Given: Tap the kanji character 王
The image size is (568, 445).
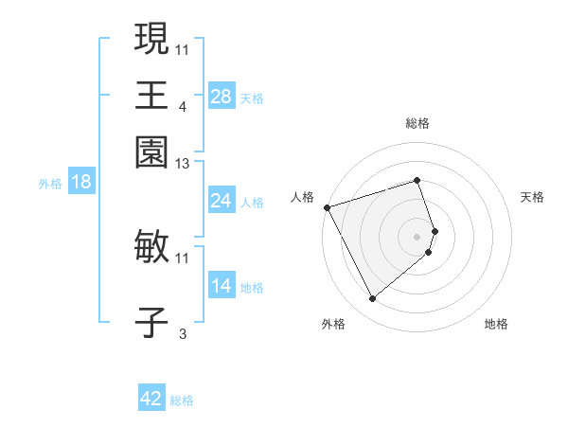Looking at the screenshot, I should pyautogui.click(x=151, y=95).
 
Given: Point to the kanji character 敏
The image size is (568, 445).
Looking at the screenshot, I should pyautogui.click(x=151, y=247).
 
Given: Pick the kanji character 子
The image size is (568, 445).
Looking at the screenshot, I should pyautogui.click(x=151, y=322).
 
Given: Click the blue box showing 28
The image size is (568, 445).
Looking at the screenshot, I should pyautogui.click(x=221, y=97).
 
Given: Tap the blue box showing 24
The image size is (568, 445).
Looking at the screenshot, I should pyautogui.click(x=221, y=201).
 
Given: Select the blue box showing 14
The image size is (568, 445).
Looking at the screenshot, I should pyautogui.click(x=221, y=286).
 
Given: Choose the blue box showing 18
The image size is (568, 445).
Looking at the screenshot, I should pyautogui.click(x=80, y=182).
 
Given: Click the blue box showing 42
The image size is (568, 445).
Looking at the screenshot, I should pyautogui.click(x=151, y=399).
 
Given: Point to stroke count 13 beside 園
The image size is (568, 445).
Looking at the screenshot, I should pyautogui.click(x=183, y=165).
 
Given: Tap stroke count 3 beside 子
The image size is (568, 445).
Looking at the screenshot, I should pyautogui.click(x=183, y=333).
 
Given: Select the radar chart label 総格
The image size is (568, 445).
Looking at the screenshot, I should pyautogui.click(x=417, y=123).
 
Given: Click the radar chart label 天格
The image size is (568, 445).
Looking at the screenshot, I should pyautogui.click(x=532, y=197).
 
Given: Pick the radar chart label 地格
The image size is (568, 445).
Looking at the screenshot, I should pyautogui.click(x=496, y=324).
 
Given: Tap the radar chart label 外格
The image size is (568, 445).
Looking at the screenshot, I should pyautogui.click(x=333, y=324).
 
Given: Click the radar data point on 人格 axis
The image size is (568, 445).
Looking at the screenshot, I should pyautogui.click(x=327, y=207).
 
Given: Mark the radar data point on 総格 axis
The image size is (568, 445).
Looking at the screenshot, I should pyautogui.click(x=417, y=180).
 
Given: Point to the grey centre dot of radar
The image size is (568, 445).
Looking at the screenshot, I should pyautogui.click(x=417, y=236).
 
